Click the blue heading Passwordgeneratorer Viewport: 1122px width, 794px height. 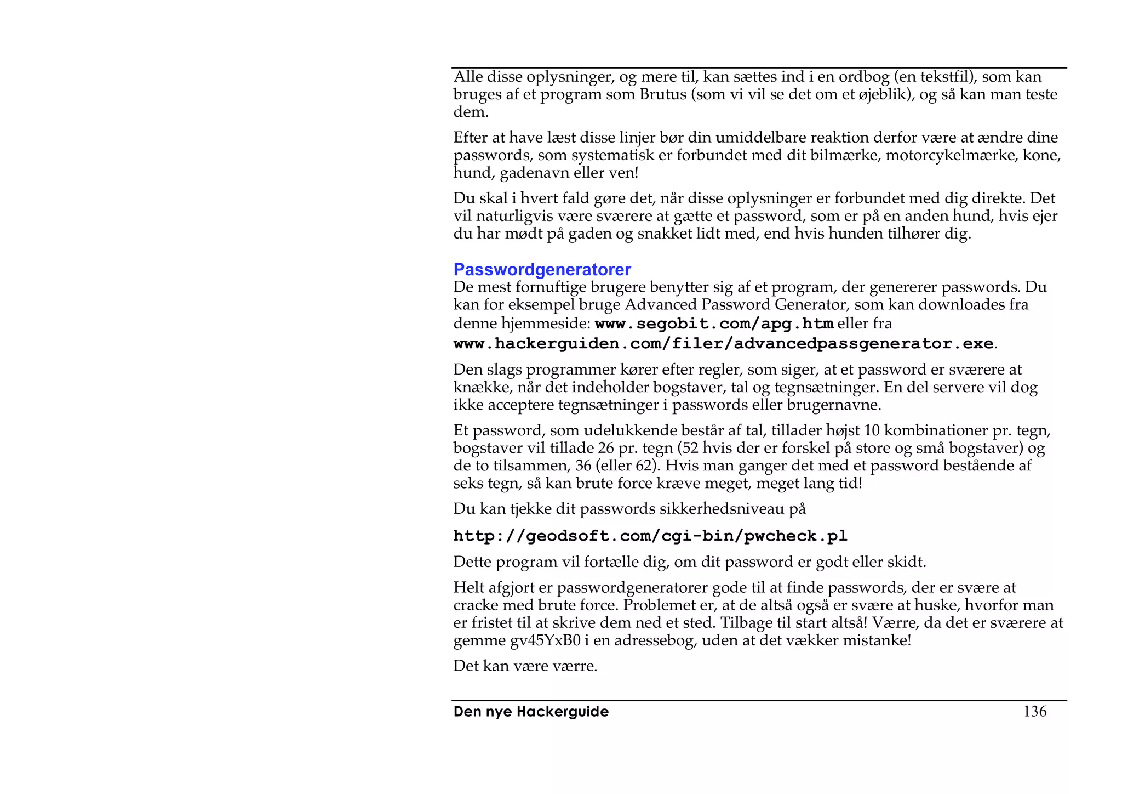coord(542,270)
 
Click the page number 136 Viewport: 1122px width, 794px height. coord(1034,712)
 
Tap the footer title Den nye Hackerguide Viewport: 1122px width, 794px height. coord(531,712)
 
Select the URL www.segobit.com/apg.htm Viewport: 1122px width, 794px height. coord(714,324)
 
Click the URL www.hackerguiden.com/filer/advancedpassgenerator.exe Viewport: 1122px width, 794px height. coord(723,344)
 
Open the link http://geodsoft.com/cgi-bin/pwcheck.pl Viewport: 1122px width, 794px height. coord(650,536)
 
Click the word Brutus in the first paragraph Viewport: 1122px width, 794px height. coord(662,94)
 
